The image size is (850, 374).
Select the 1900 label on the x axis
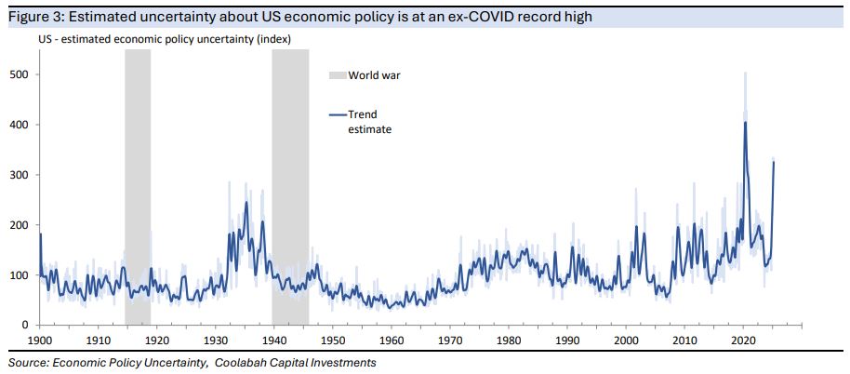40,341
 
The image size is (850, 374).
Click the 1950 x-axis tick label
333,341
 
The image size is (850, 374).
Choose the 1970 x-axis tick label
450,341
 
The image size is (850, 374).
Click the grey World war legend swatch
337,75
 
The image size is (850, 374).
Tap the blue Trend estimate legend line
338,114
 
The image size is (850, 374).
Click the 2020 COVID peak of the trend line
745,123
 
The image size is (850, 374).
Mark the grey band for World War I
138,186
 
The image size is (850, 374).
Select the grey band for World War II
289,186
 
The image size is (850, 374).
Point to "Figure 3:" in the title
36,17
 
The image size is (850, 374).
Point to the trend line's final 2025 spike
774,163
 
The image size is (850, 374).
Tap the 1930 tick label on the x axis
216,341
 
